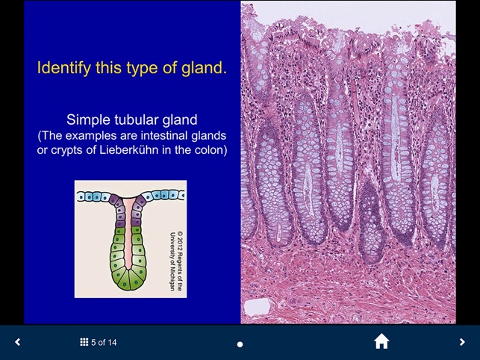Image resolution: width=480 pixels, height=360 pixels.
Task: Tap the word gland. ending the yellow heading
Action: (205, 69)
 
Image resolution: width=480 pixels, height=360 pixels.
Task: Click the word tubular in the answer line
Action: (132, 120)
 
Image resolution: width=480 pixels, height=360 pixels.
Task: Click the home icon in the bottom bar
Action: (381, 342)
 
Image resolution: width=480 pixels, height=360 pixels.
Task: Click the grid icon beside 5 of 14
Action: (84, 342)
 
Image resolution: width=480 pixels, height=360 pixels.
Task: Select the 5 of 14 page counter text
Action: (104, 342)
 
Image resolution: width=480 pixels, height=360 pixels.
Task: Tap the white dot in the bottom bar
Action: (240, 344)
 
